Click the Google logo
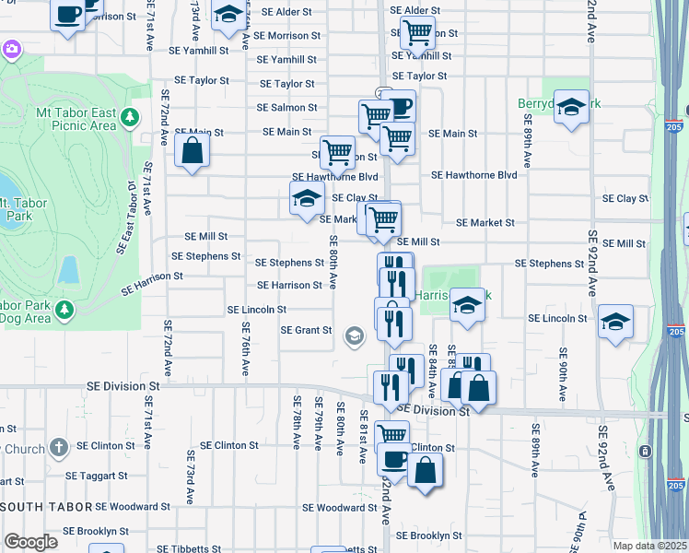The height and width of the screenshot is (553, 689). point(30,542)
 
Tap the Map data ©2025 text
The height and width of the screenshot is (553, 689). point(650,546)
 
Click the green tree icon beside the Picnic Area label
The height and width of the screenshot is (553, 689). point(130,117)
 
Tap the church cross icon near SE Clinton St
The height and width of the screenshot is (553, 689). point(58,447)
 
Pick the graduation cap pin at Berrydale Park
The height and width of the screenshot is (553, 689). point(571,107)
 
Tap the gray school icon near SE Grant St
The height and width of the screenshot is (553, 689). point(354,336)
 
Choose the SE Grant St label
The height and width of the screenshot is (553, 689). point(306,330)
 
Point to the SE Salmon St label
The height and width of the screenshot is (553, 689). point(286,108)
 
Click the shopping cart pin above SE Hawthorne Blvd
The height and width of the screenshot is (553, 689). point(338,152)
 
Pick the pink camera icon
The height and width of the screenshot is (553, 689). point(11,49)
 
